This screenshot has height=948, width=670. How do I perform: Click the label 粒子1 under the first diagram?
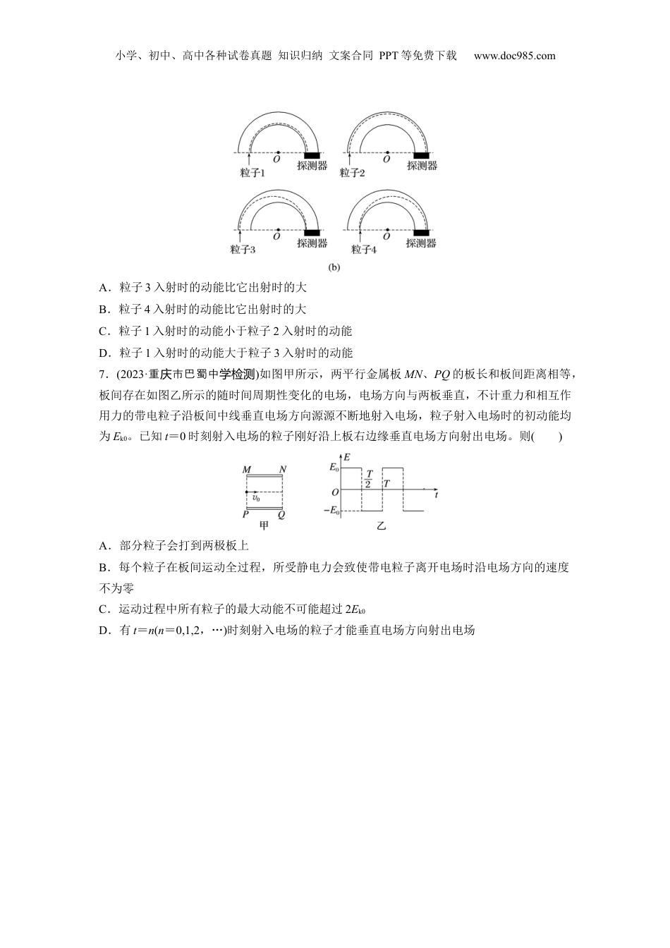252,172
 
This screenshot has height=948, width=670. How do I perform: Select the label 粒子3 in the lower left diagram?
243,249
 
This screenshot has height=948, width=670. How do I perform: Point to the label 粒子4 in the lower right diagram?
364,249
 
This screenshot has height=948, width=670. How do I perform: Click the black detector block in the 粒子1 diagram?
312,155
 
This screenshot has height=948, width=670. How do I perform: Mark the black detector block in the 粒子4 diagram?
421,232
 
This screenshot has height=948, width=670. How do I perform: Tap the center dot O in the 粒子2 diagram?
386,153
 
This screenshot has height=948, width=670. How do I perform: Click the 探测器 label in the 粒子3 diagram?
312,243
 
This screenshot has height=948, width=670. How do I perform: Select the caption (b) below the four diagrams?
334,267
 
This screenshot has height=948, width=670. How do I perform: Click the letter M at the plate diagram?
246,470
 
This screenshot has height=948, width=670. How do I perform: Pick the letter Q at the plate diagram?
281,514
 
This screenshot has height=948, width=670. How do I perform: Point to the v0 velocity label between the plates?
255,498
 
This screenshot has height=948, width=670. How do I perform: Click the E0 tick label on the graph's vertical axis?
334,468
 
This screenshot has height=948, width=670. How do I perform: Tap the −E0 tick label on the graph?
331,510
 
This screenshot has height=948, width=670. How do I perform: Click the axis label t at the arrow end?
437,496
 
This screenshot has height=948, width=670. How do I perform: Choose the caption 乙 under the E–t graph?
382,525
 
